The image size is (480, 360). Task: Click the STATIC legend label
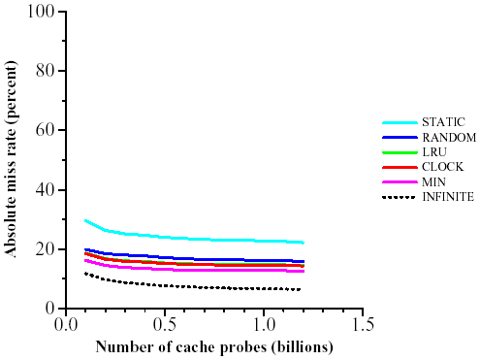pyautogui.click(x=443, y=122)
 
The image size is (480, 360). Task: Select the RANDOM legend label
pyautogui.click(x=448, y=137)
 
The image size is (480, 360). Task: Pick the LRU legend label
pyautogui.click(x=433, y=152)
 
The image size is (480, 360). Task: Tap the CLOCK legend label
pyautogui.click(x=440, y=167)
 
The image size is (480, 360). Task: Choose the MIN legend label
pyautogui.click(x=433, y=181)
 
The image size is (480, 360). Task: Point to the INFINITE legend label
pyautogui.click(x=448, y=197)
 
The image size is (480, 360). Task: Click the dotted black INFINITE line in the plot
pyautogui.click(x=194, y=286)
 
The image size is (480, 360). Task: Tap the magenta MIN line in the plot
pyautogui.click(x=194, y=270)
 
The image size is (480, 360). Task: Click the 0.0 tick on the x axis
pyautogui.click(x=66, y=322)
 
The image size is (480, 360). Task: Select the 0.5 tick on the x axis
pyautogui.click(x=165, y=322)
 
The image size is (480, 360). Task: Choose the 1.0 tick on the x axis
pyautogui.click(x=264, y=322)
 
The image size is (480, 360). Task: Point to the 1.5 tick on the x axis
pyautogui.click(x=363, y=322)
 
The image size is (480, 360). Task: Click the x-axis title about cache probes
pyautogui.click(x=214, y=346)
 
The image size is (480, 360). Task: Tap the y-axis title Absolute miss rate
pyautogui.click(x=12, y=160)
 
